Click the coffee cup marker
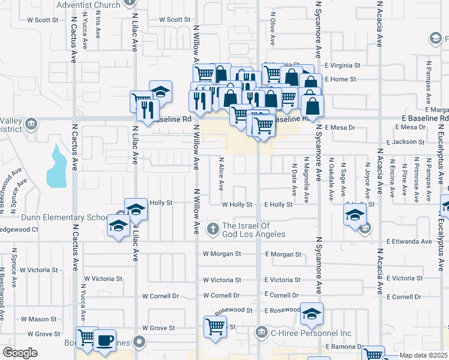tap(104, 340)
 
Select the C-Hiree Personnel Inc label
tap(311, 332)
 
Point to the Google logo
tap(20, 353)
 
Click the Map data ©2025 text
tap(423, 355)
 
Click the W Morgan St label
tap(221, 254)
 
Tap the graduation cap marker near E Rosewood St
tap(312, 314)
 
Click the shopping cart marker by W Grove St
tap(215, 327)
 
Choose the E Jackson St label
tap(405, 142)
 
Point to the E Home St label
tap(340, 79)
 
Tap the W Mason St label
tap(38, 319)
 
